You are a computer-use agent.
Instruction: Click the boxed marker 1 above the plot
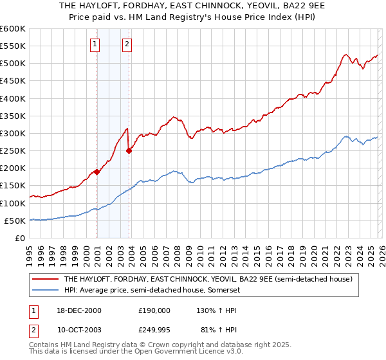(x=95, y=44)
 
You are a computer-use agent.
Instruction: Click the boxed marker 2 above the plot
(x=127, y=44)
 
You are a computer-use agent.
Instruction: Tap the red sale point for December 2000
(x=97, y=172)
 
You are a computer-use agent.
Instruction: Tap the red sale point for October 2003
(x=129, y=151)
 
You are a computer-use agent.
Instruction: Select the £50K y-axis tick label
(x=15, y=221)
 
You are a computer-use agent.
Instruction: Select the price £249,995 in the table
(x=154, y=330)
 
